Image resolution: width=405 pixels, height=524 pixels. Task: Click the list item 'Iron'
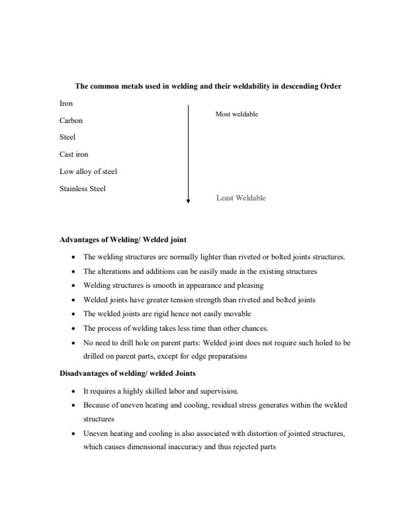point(66,104)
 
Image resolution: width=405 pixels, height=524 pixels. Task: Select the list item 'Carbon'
point(71,121)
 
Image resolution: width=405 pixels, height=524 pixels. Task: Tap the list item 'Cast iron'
point(74,155)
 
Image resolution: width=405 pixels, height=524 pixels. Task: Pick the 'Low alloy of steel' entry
point(88,172)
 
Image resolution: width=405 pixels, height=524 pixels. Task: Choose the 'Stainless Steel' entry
point(83,189)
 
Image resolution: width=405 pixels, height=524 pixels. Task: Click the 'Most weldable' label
point(236,114)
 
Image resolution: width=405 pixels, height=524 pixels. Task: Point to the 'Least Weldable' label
point(241,198)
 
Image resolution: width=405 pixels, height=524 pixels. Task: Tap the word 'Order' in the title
point(330,86)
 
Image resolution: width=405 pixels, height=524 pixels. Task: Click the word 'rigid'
point(152,314)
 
